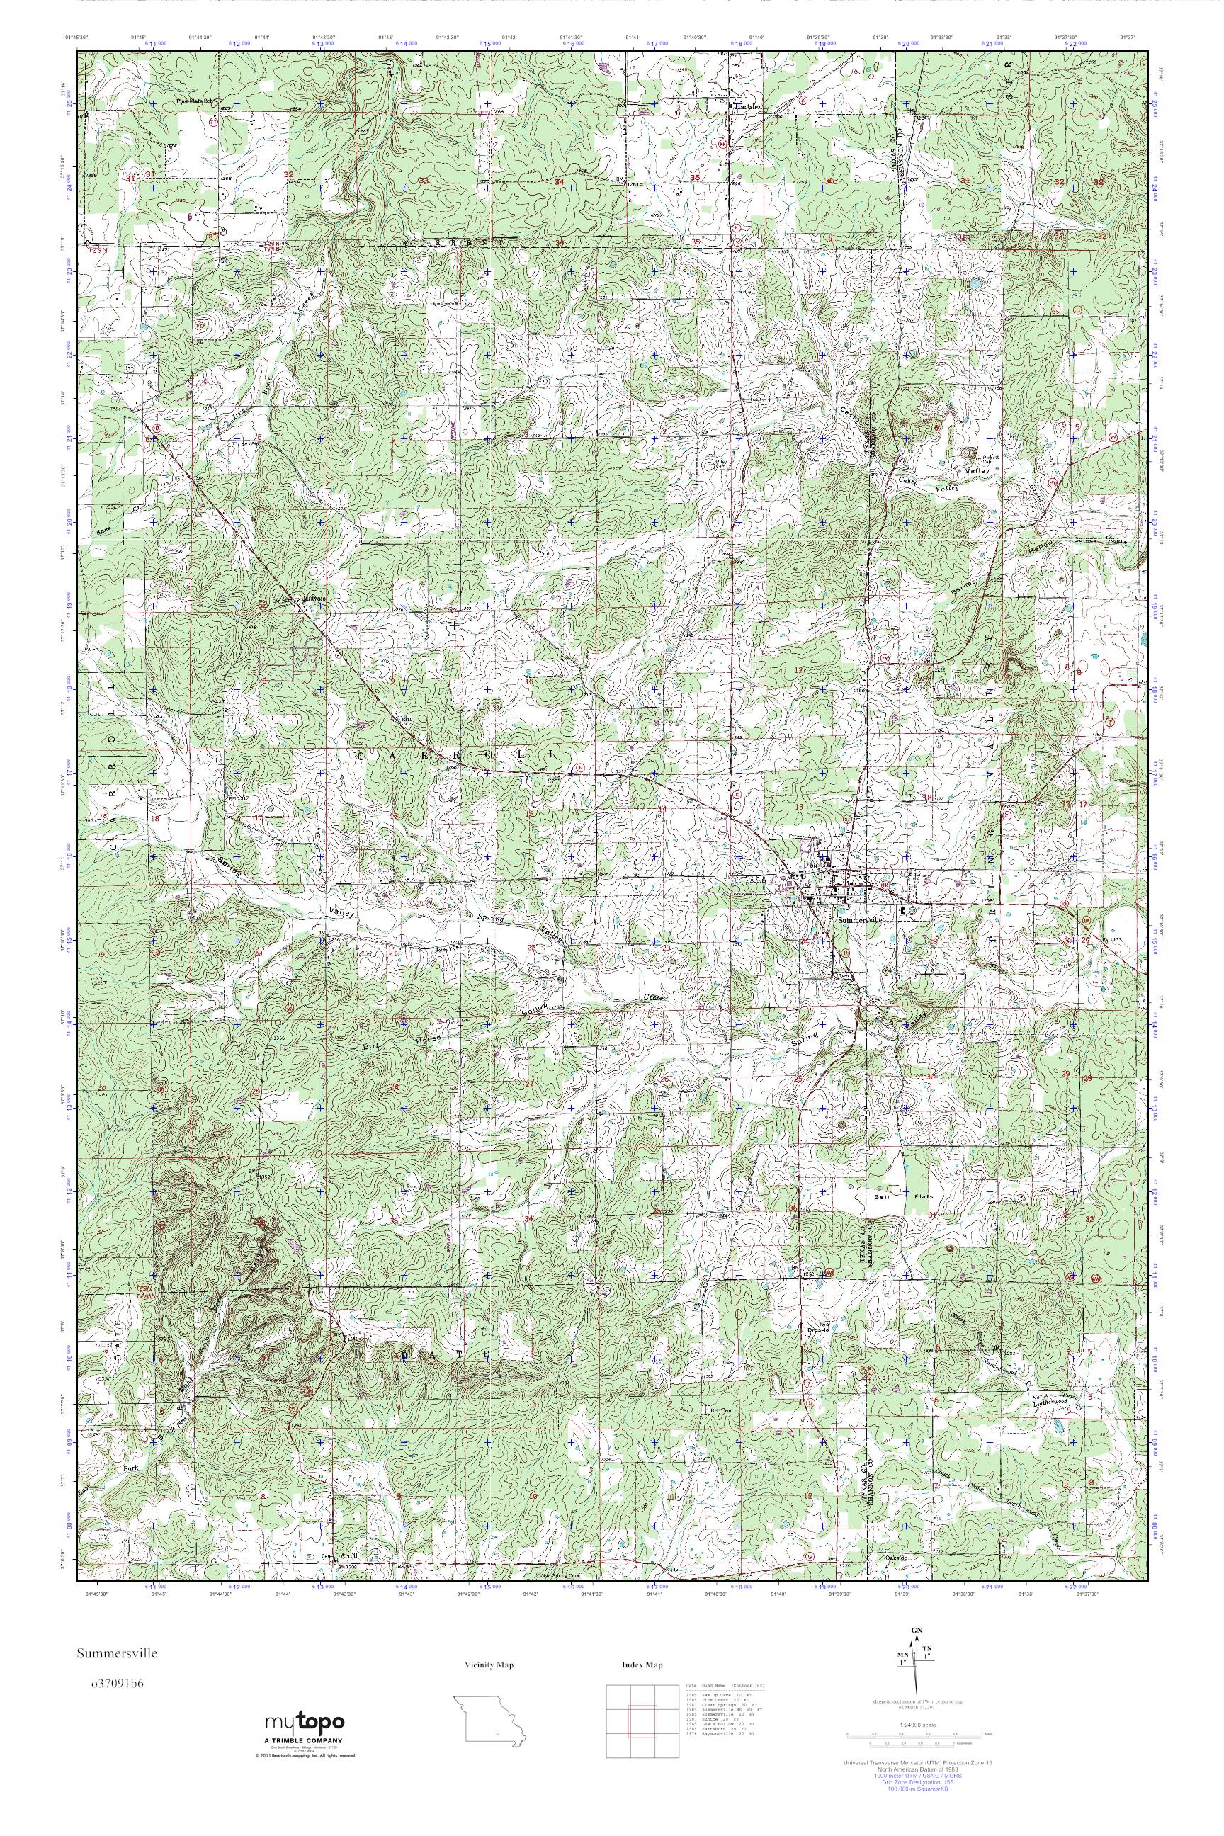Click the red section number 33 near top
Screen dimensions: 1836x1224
pyautogui.click(x=425, y=181)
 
